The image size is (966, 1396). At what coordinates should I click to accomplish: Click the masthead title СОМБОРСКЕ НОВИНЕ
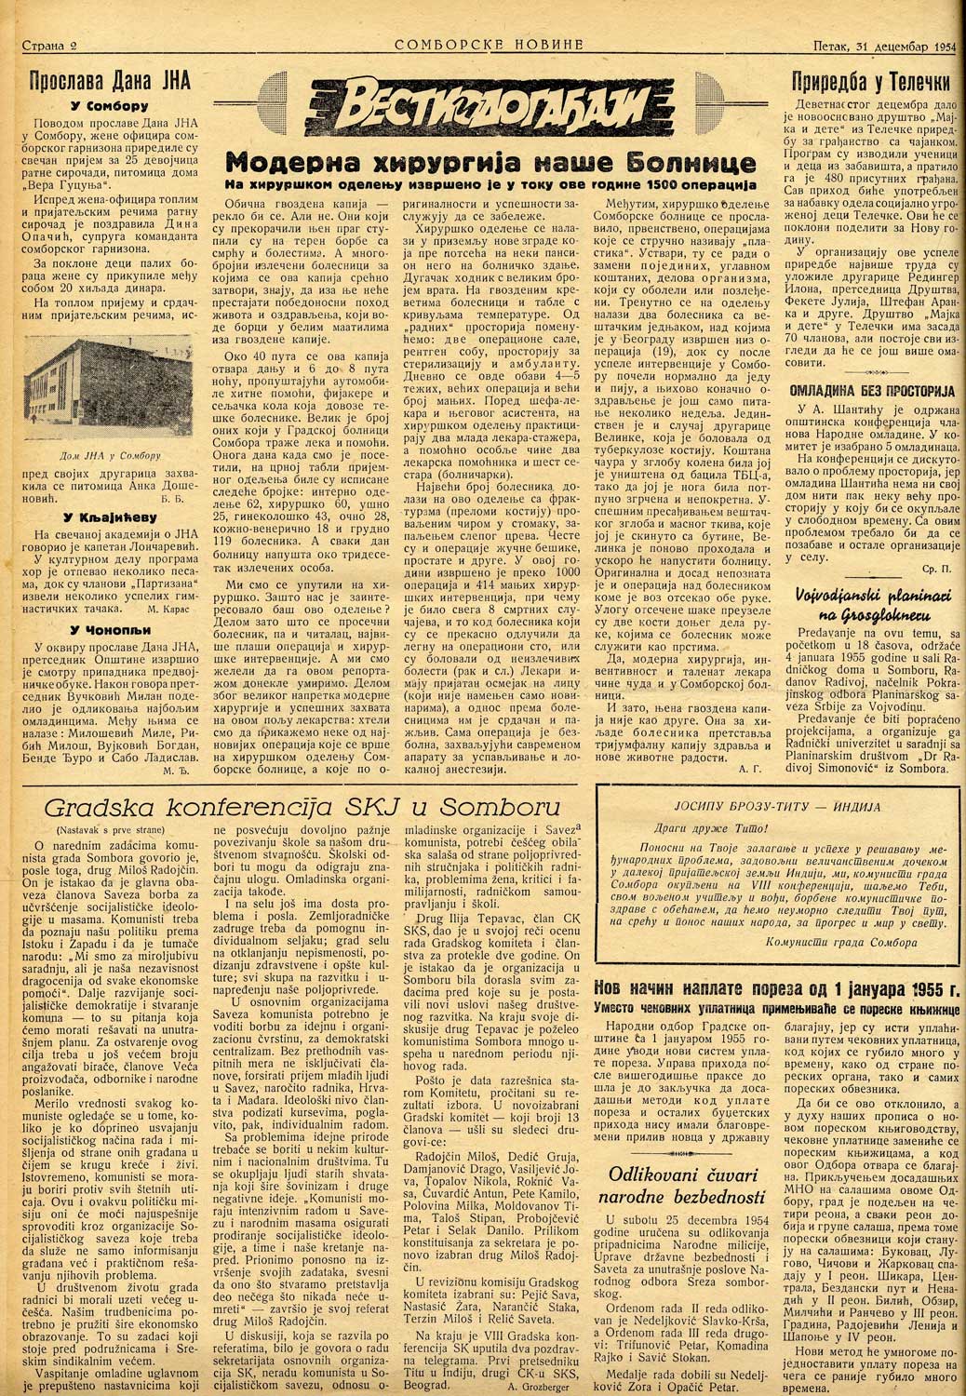pyautogui.click(x=489, y=44)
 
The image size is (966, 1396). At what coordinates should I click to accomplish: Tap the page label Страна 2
pyautogui.click(x=50, y=45)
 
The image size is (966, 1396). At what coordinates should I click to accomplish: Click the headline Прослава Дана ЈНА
pyautogui.click(x=111, y=81)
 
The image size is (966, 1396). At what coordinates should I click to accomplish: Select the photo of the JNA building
pyautogui.click(x=91, y=400)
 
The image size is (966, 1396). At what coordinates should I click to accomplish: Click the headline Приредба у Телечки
pyautogui.click(x=871, y=81)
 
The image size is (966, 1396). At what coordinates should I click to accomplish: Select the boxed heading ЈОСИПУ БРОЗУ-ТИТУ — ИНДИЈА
pyautogui.click(x=774, y=807)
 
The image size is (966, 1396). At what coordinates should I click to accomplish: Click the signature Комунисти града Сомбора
pyautogui.click(x=820, y=942)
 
